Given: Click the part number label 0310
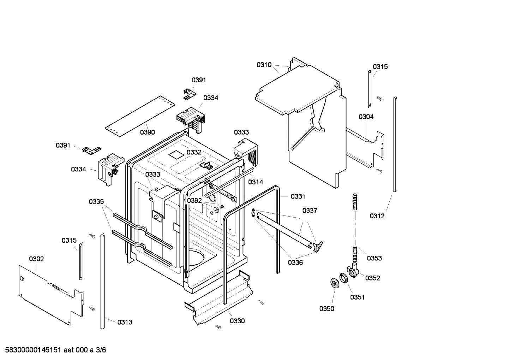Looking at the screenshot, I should (264, 65).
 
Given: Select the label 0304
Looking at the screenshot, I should (366, 117).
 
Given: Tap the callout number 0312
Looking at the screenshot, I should (377, 216).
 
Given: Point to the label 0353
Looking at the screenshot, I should (374, 258).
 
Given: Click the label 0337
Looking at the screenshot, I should (310, 211).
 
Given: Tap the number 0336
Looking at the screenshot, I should (295, 262).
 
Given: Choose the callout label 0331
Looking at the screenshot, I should (298, 196).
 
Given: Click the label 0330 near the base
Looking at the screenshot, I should (237, 321).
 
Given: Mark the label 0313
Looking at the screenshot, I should (125, 322).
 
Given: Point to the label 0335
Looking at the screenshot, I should (96, 202).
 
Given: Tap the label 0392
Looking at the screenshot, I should (194, 201).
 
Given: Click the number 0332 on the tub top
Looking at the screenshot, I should (194, 152).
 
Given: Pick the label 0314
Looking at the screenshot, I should (255, 182).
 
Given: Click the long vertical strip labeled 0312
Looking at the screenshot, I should (395, 145).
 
